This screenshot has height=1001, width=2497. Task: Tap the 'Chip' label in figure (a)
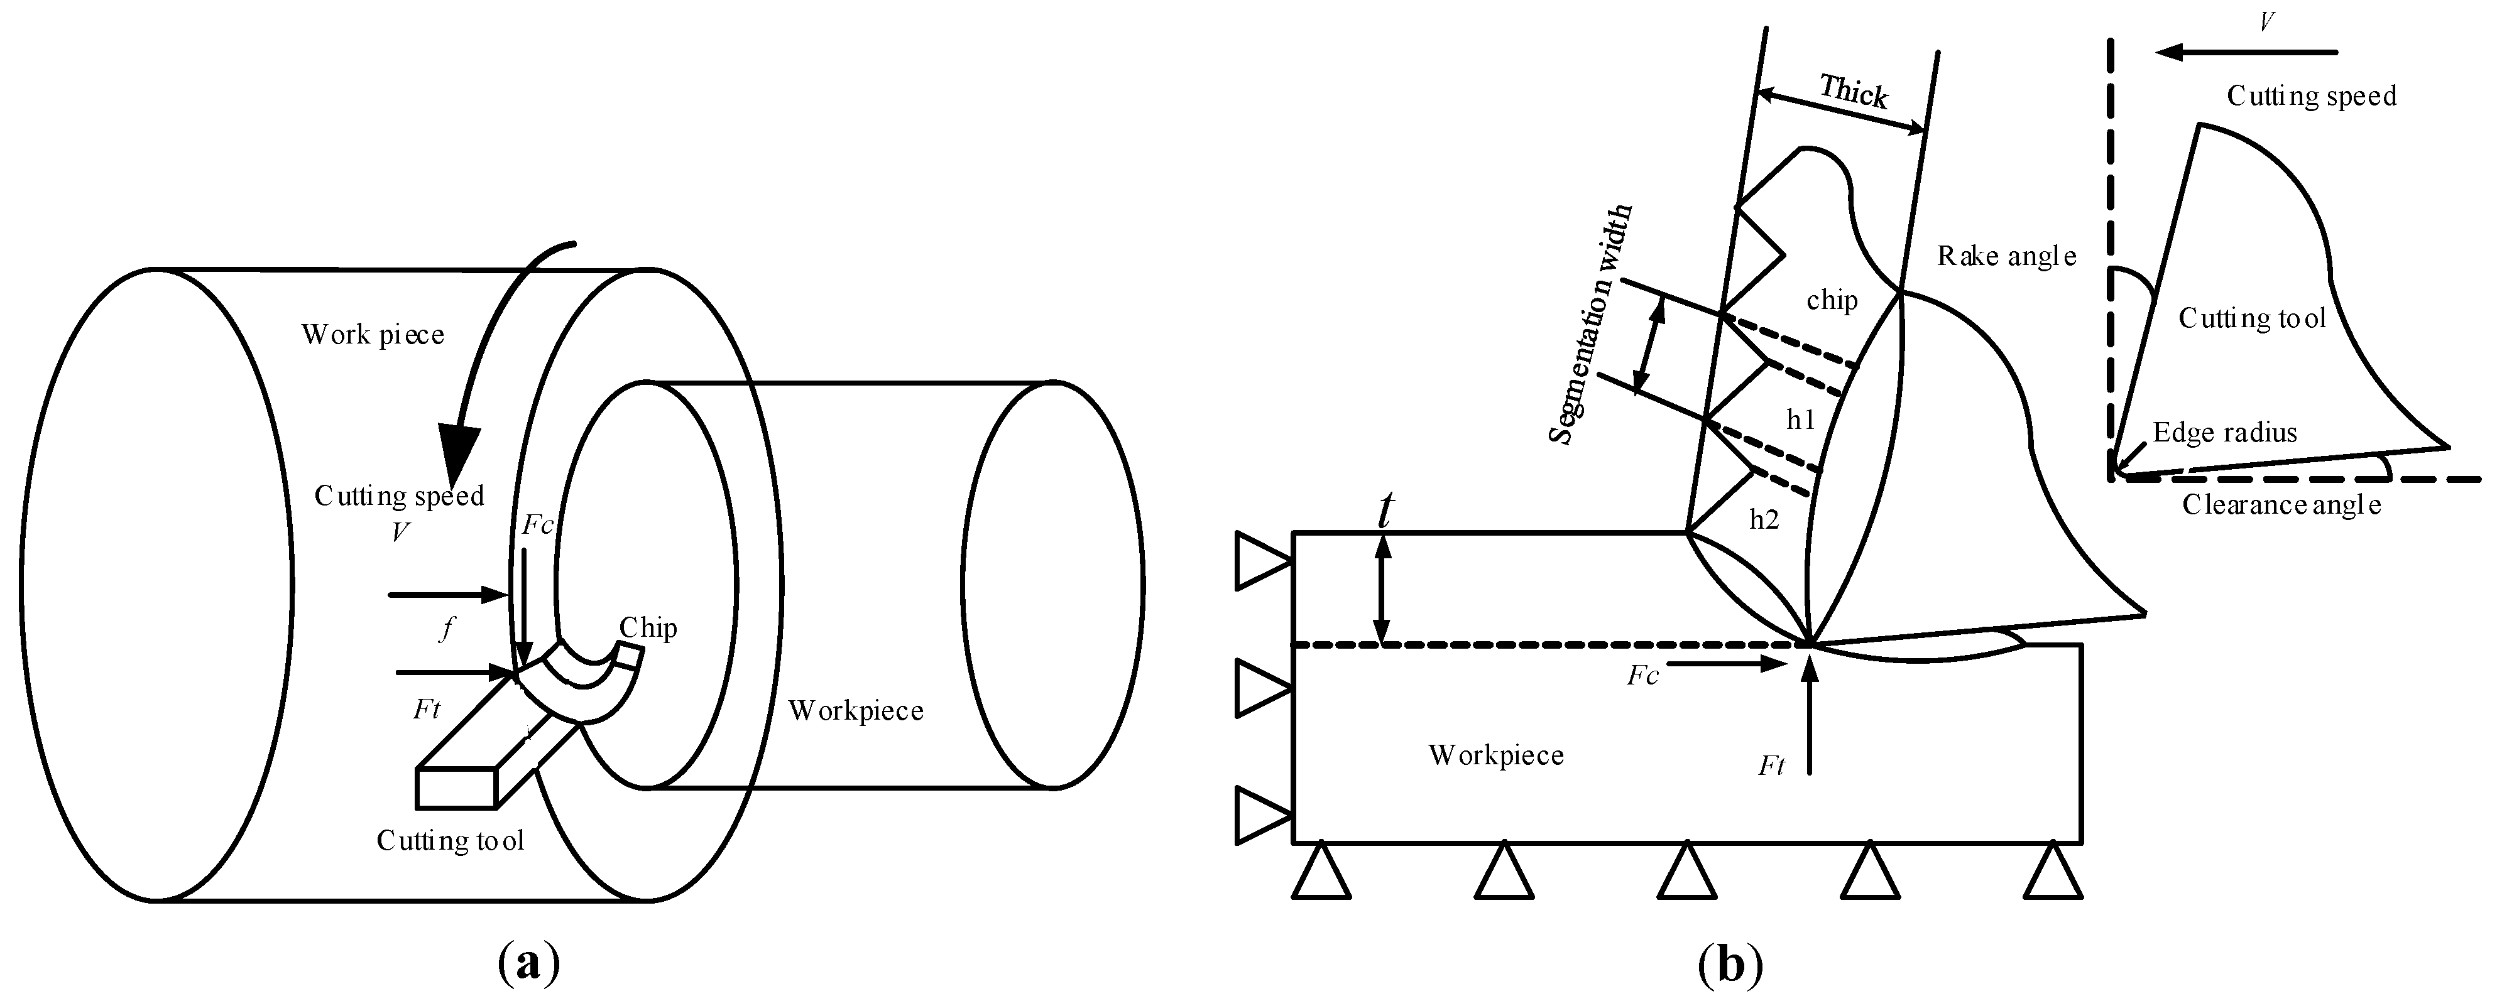coord(648,628)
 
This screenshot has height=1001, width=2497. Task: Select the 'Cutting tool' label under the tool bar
coord(450,840)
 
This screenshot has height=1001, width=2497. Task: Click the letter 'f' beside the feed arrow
coord(446,630)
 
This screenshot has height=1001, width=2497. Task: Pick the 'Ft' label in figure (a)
coord(427,710)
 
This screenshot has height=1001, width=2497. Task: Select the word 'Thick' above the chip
coord(1854,92)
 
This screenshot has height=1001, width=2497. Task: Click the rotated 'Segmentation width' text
coord(1590,325)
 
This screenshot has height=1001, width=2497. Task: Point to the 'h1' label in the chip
coord(1800,419)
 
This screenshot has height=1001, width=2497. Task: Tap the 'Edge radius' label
coord(2225,432)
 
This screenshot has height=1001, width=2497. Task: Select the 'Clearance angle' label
coord(2281,505)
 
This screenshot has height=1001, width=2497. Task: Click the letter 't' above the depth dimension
coord(1386,511)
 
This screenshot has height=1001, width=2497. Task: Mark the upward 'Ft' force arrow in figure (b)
coord(1809,717)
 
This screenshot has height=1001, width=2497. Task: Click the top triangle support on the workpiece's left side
coord(1260,562)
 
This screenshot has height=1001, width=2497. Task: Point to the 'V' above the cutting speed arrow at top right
coord(2266,22)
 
